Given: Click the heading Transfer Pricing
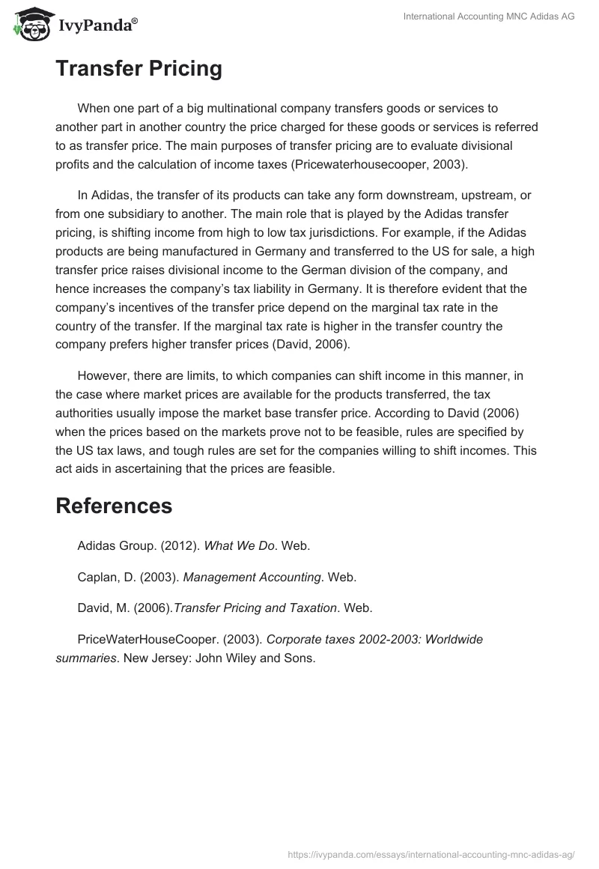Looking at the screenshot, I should point(139,69).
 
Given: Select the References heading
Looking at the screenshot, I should point(114,506).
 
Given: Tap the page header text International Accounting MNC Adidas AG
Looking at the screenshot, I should point(489,16).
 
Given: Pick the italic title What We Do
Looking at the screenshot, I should point(239,545).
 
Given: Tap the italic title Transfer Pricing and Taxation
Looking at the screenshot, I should point(255,608).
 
